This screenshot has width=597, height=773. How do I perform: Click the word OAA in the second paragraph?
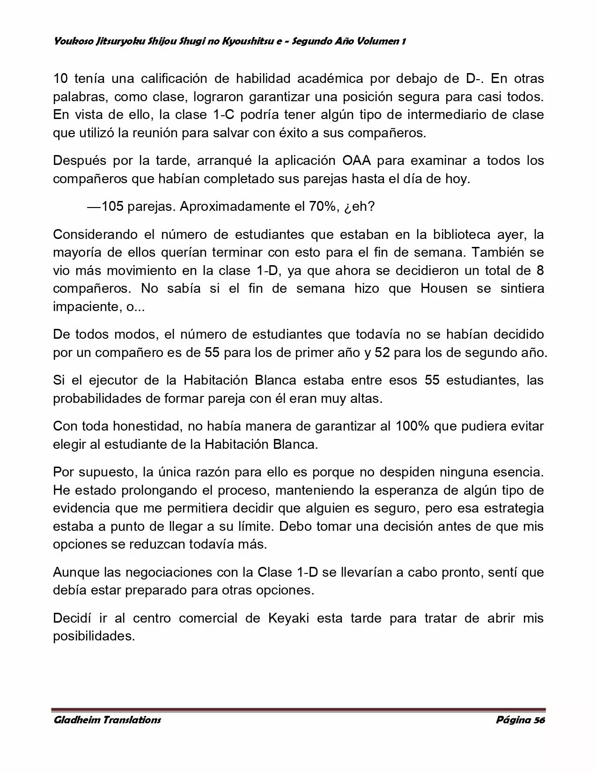point(357,161)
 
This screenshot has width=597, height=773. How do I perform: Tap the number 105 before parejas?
point(112,207)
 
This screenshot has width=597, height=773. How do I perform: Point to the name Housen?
point(444,289)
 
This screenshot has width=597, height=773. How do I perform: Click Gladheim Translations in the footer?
point(107,720)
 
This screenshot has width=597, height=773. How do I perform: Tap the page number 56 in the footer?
point(539,720)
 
